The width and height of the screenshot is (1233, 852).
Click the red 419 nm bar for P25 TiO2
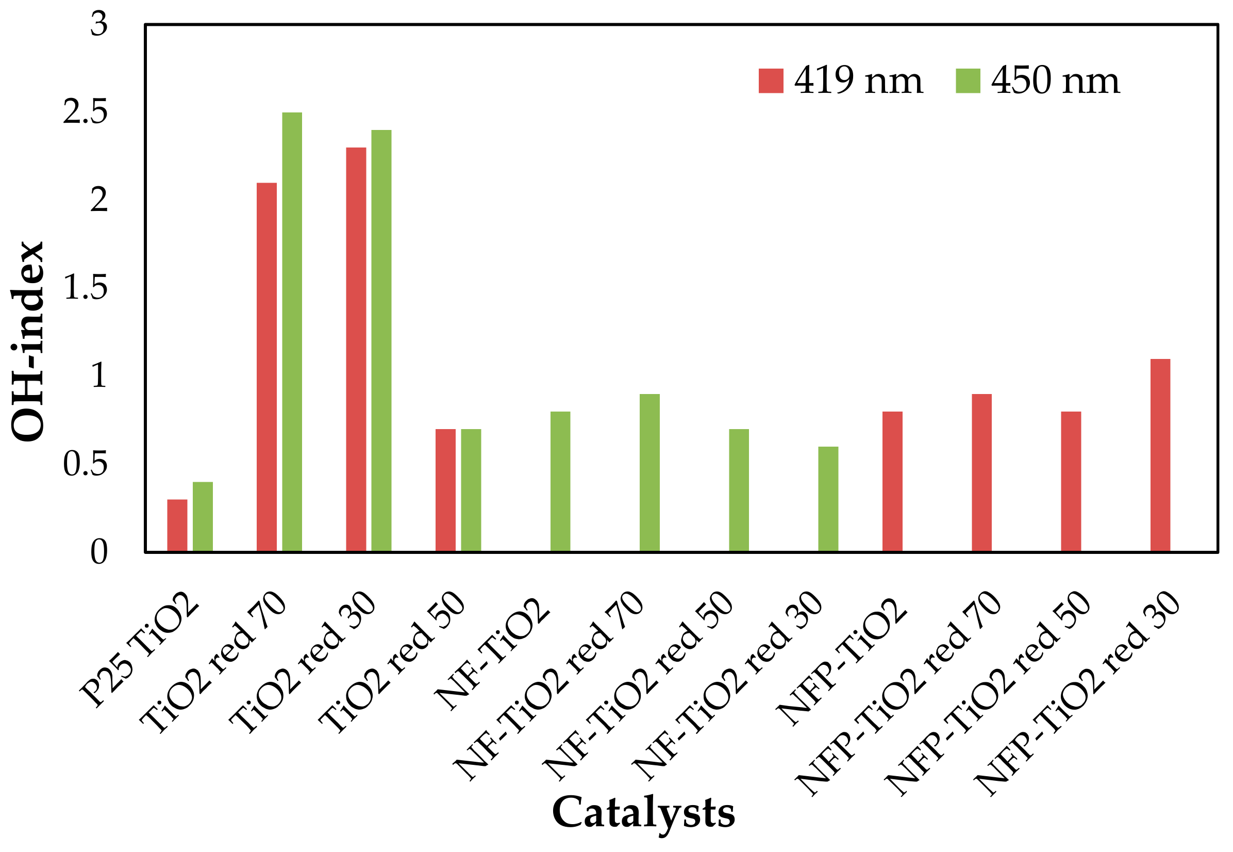(x=177, y=526)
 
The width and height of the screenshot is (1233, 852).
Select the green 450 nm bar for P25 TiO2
(x=203, y=517)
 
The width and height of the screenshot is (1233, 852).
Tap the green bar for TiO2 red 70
(x=292, y=332)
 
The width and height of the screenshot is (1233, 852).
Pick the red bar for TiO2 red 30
(x=356, y=350)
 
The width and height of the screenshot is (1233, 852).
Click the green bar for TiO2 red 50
(x=471, y=490)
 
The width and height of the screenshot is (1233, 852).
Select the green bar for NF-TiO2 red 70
(x=650, y=472)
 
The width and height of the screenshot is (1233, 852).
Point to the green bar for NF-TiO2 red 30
(x=828, y=499)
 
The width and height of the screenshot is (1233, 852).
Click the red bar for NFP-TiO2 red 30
(x=1160, y=455)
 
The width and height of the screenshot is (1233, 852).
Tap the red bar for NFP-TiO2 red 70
(x=981, y=472)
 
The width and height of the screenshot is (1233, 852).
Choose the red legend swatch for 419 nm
(x=771, y=81)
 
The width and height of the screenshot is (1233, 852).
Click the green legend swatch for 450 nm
(x=968, y=81)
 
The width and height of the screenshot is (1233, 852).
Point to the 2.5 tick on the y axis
(x=86, y=112)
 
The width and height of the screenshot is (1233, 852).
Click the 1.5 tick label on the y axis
(x=86, y=288)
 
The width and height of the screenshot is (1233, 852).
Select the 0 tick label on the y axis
(x=98, y=552)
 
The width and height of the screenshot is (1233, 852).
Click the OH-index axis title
(x=28, y=341)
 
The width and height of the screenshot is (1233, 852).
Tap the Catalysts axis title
(x=643, y=812)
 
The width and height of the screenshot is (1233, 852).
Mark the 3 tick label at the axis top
(x=98, y=25)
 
